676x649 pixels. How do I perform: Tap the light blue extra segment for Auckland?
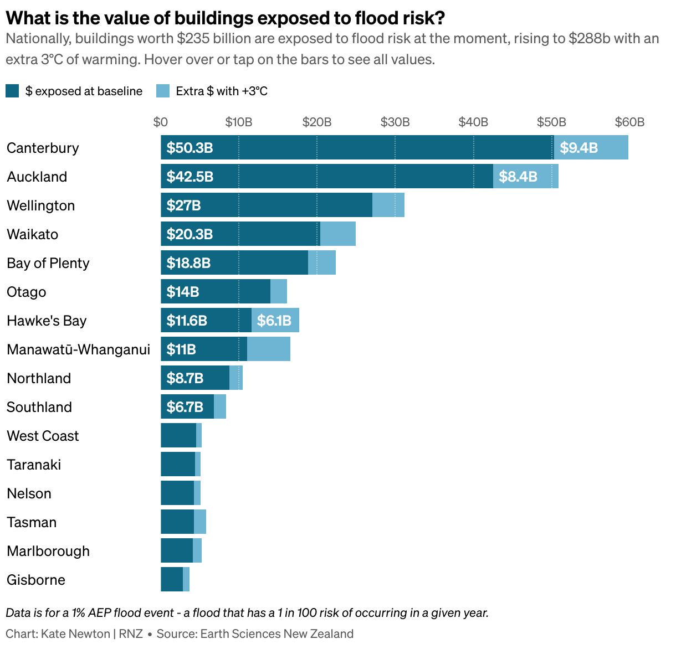pos(525,176)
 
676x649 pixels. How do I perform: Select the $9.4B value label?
pos(578,148)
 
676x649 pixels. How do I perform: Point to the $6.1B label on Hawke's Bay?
pos(274,321)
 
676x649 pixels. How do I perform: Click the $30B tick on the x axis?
pos(395,122)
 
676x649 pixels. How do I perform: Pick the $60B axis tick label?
pos(629,122)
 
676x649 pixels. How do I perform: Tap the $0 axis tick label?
pos(161,122)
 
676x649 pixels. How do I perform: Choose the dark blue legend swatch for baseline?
pos(13,91)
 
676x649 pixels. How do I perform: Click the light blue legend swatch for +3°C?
pos(163,91)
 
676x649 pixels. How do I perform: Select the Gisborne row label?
pos(36,580)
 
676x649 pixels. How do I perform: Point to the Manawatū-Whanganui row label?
pos(78,349)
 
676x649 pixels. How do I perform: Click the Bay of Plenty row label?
pos(48,263)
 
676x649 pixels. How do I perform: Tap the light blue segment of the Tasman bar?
pos(200,522)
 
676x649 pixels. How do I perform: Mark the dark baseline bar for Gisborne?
pos(172,579)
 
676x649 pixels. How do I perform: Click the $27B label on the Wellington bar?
pos(183,205)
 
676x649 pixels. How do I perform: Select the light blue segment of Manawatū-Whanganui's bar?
pos(269,349)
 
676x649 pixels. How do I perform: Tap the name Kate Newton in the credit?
pos(75,633)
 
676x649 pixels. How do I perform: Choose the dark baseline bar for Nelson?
pos(177,493)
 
